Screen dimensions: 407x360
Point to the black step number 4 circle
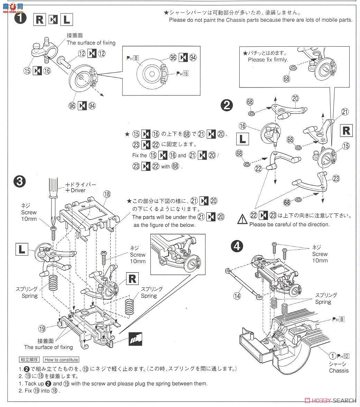click(237, 246)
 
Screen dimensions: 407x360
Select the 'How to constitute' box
click(61, 360)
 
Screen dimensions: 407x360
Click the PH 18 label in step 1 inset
click(182, 73)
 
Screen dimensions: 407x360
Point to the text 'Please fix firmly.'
click(268, 59)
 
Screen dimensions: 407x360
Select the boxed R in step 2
click(346, 130)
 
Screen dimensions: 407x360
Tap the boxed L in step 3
click(21, 249)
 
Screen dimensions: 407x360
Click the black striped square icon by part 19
click(135, 337)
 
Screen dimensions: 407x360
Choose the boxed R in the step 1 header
click(40, 20)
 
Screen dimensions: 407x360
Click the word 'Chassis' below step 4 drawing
click(339, 370)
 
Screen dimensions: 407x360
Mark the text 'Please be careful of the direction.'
click(289, 224)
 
